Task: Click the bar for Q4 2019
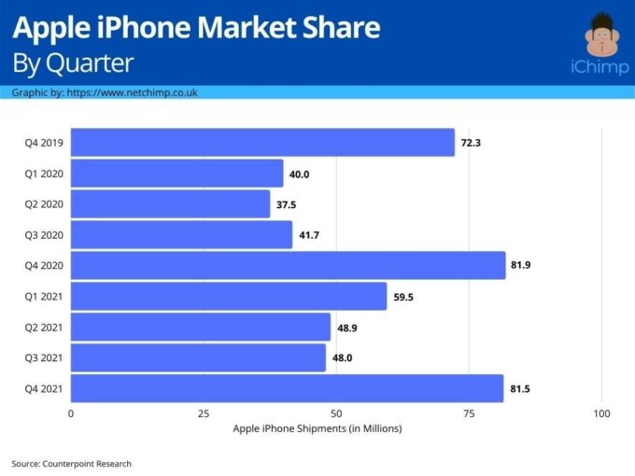tap(262, 143)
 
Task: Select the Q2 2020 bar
tap(170, 204)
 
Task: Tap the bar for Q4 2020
tap(288, 266)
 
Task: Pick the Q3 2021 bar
tap(198, 357)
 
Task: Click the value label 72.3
tap(471, 143)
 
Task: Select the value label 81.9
tap(522, 266)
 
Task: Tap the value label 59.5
tap(403, 297)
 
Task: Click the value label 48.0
tap(342, 357)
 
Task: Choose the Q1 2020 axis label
tap(44, 174)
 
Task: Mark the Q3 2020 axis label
tap(44, 235)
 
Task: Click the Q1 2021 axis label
tap(44, 297)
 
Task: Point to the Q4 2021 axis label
tap(44, 388)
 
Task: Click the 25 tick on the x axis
tap(204, 413)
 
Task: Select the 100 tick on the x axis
tap(601, 413)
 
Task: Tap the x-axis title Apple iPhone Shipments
tap(317, 428)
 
